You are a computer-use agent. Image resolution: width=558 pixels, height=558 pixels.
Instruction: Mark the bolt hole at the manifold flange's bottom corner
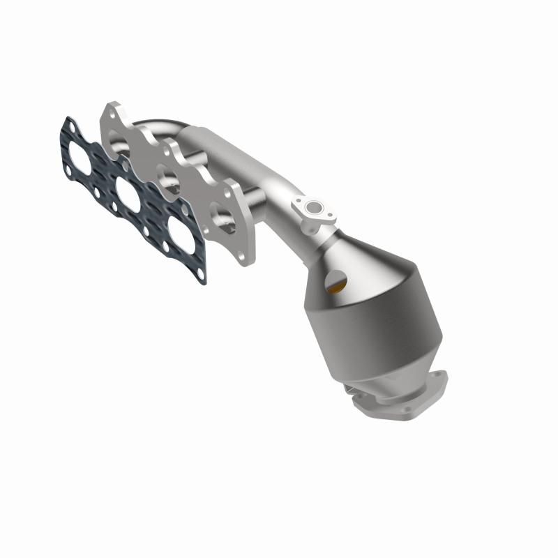click(x=243, y=258)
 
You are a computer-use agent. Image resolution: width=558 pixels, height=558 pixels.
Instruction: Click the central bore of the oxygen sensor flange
click(x=315, y=207)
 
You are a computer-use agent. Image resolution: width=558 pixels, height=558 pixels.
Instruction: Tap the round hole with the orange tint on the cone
click(x=335, y=283)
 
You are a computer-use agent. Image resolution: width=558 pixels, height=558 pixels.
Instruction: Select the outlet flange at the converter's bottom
click(x=398, y=398)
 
